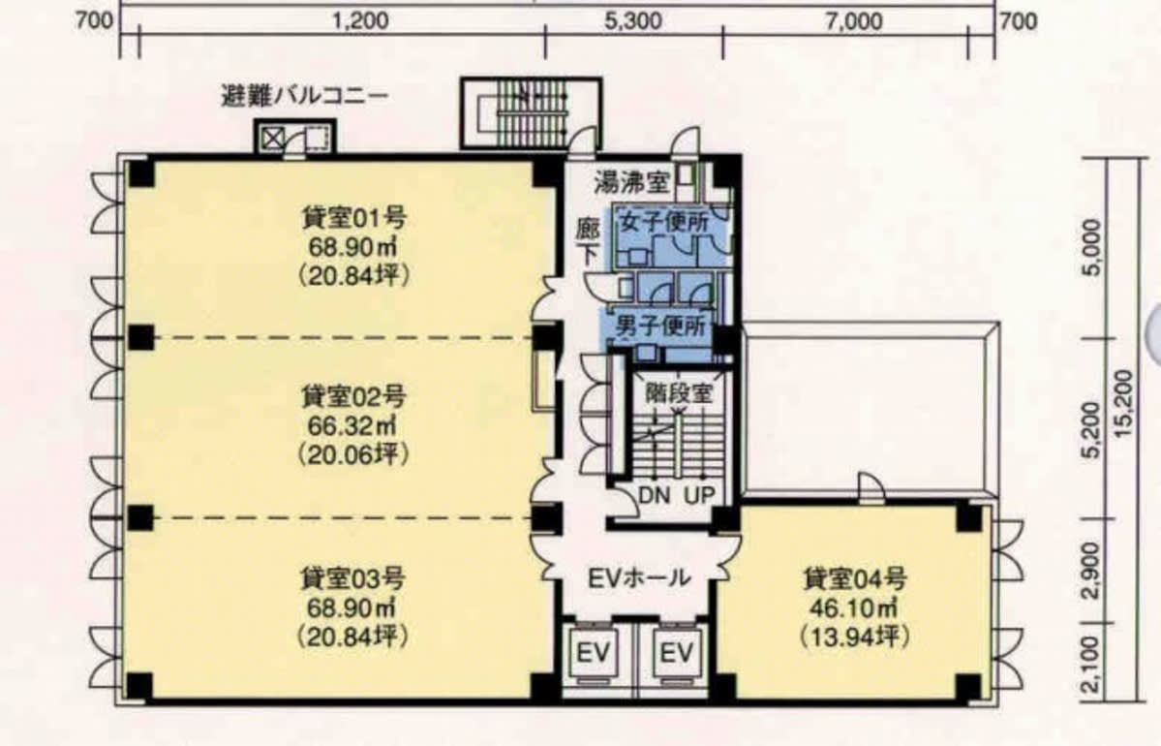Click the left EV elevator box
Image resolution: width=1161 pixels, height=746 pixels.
point(594,654)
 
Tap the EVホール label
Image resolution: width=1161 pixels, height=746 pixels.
point(639,577)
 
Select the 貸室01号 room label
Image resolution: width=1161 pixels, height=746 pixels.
point(353,219)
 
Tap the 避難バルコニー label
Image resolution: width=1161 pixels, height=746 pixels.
point(304,96)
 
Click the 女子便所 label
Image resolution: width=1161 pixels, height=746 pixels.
point(665,222)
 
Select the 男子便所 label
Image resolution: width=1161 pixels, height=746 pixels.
point(661,326)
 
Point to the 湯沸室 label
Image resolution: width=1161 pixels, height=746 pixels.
point(631,182)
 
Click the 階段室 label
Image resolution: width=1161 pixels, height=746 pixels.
point(678,393)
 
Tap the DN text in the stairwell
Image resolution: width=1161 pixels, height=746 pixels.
point(654,495)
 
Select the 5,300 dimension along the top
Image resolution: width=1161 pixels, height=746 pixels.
point(633,21)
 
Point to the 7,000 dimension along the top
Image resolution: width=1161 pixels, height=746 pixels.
point(854,21)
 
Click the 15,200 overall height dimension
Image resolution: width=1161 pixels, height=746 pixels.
point(1123,404)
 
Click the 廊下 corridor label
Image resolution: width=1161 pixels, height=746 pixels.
point(589,242)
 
